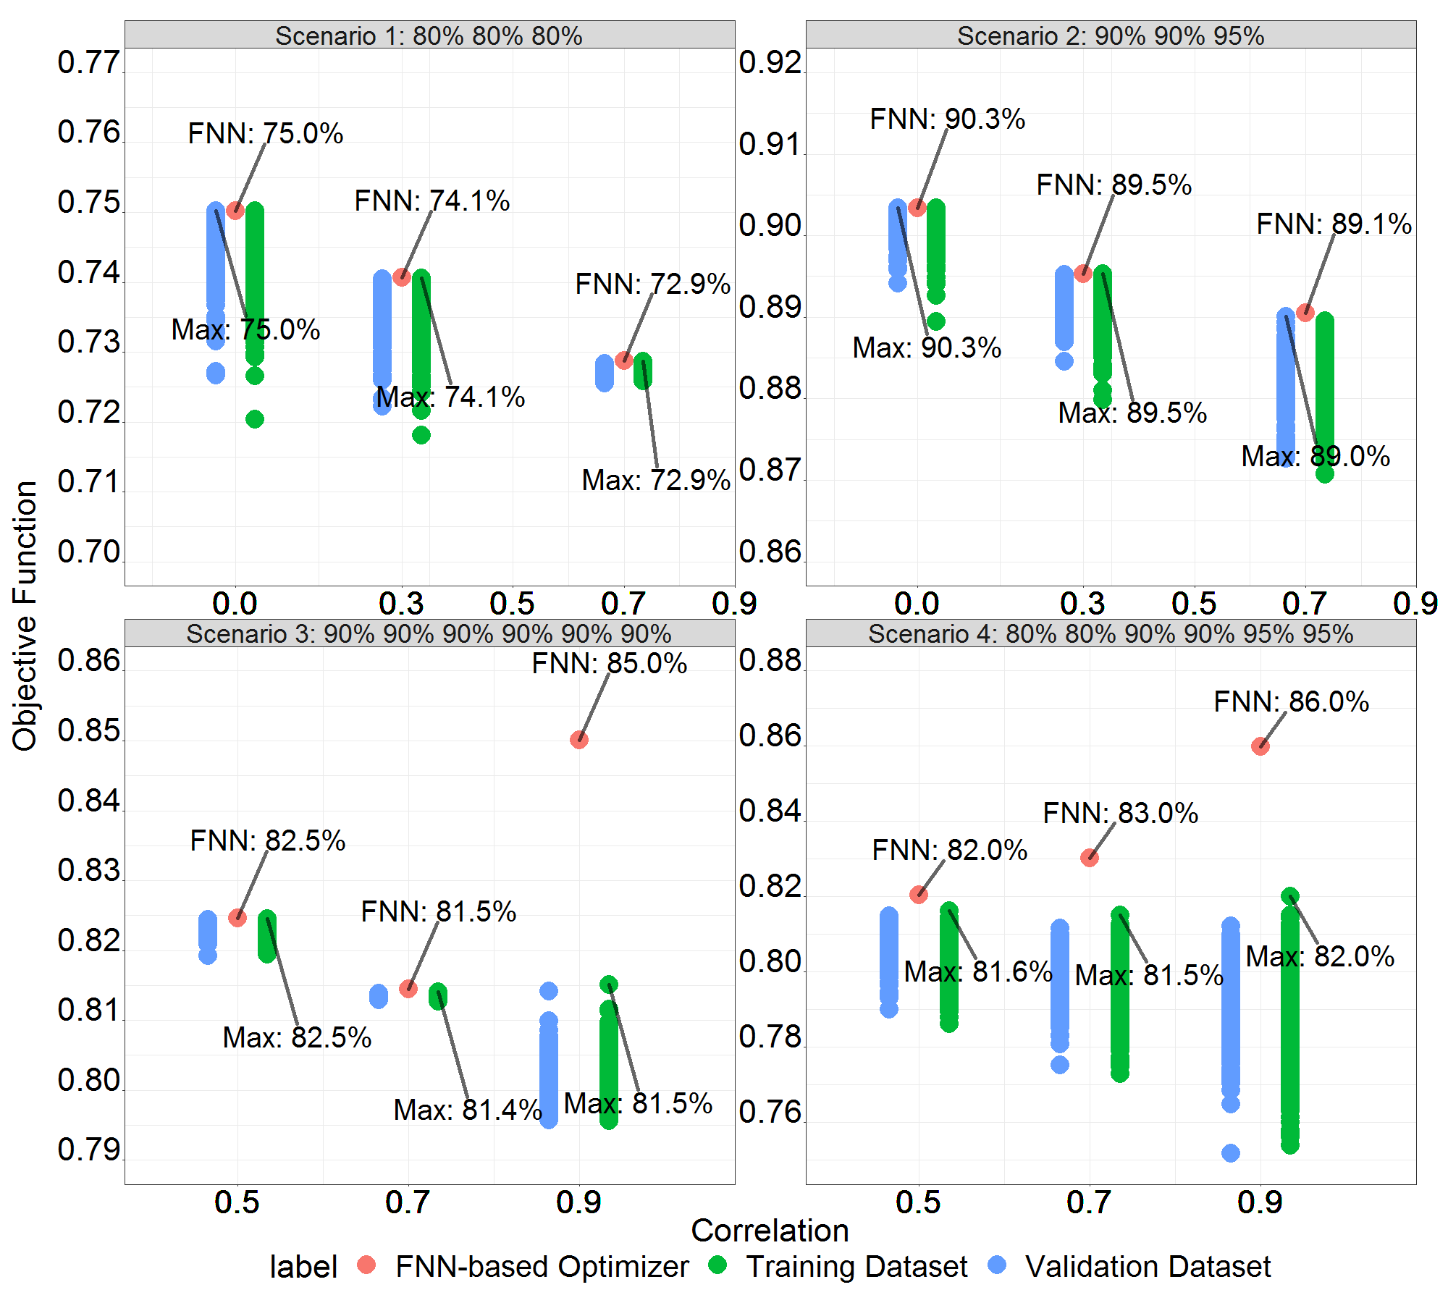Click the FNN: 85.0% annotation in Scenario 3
click(610, 663)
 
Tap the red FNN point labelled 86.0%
click(1260, 746)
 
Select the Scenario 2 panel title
click(1111, 35)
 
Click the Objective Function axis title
click(25, 615)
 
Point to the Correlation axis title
click(770, 1231)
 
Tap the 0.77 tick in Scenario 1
click(88, 63)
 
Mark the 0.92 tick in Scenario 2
click(770, 63)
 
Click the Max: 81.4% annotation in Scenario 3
click(468, 1110)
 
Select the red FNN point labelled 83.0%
click(1090, 858)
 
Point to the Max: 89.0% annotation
click(1316, 456)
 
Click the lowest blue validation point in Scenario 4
click(1231, 1153)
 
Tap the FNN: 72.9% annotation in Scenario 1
click(653, 284)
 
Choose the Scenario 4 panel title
click(1111, 634)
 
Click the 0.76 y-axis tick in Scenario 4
click(770, 1113)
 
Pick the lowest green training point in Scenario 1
click(421, 435)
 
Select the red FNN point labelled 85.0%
click(579, 740)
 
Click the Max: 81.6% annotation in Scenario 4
click(978, 971)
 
